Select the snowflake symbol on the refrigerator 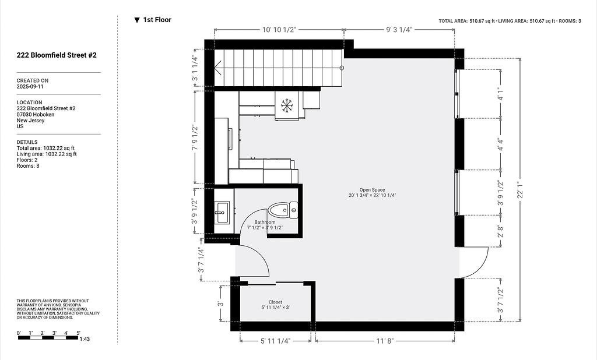pos(286,105)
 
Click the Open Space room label pos(372,190)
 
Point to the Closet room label pos(275,302)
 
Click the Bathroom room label pos(265,223)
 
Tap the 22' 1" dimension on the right pos(521,189)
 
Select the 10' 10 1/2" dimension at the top pos(279,30)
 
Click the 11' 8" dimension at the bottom pos(385,341)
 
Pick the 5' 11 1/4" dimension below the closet pos(275,341)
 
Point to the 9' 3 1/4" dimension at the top pos(399,30)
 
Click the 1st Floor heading pos(157,20)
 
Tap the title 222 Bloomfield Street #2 pos(57,55)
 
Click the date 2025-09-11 pos(30,86)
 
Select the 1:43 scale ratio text pos(85,338)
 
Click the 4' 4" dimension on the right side pos(500,144)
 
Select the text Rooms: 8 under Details pos(28,166)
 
